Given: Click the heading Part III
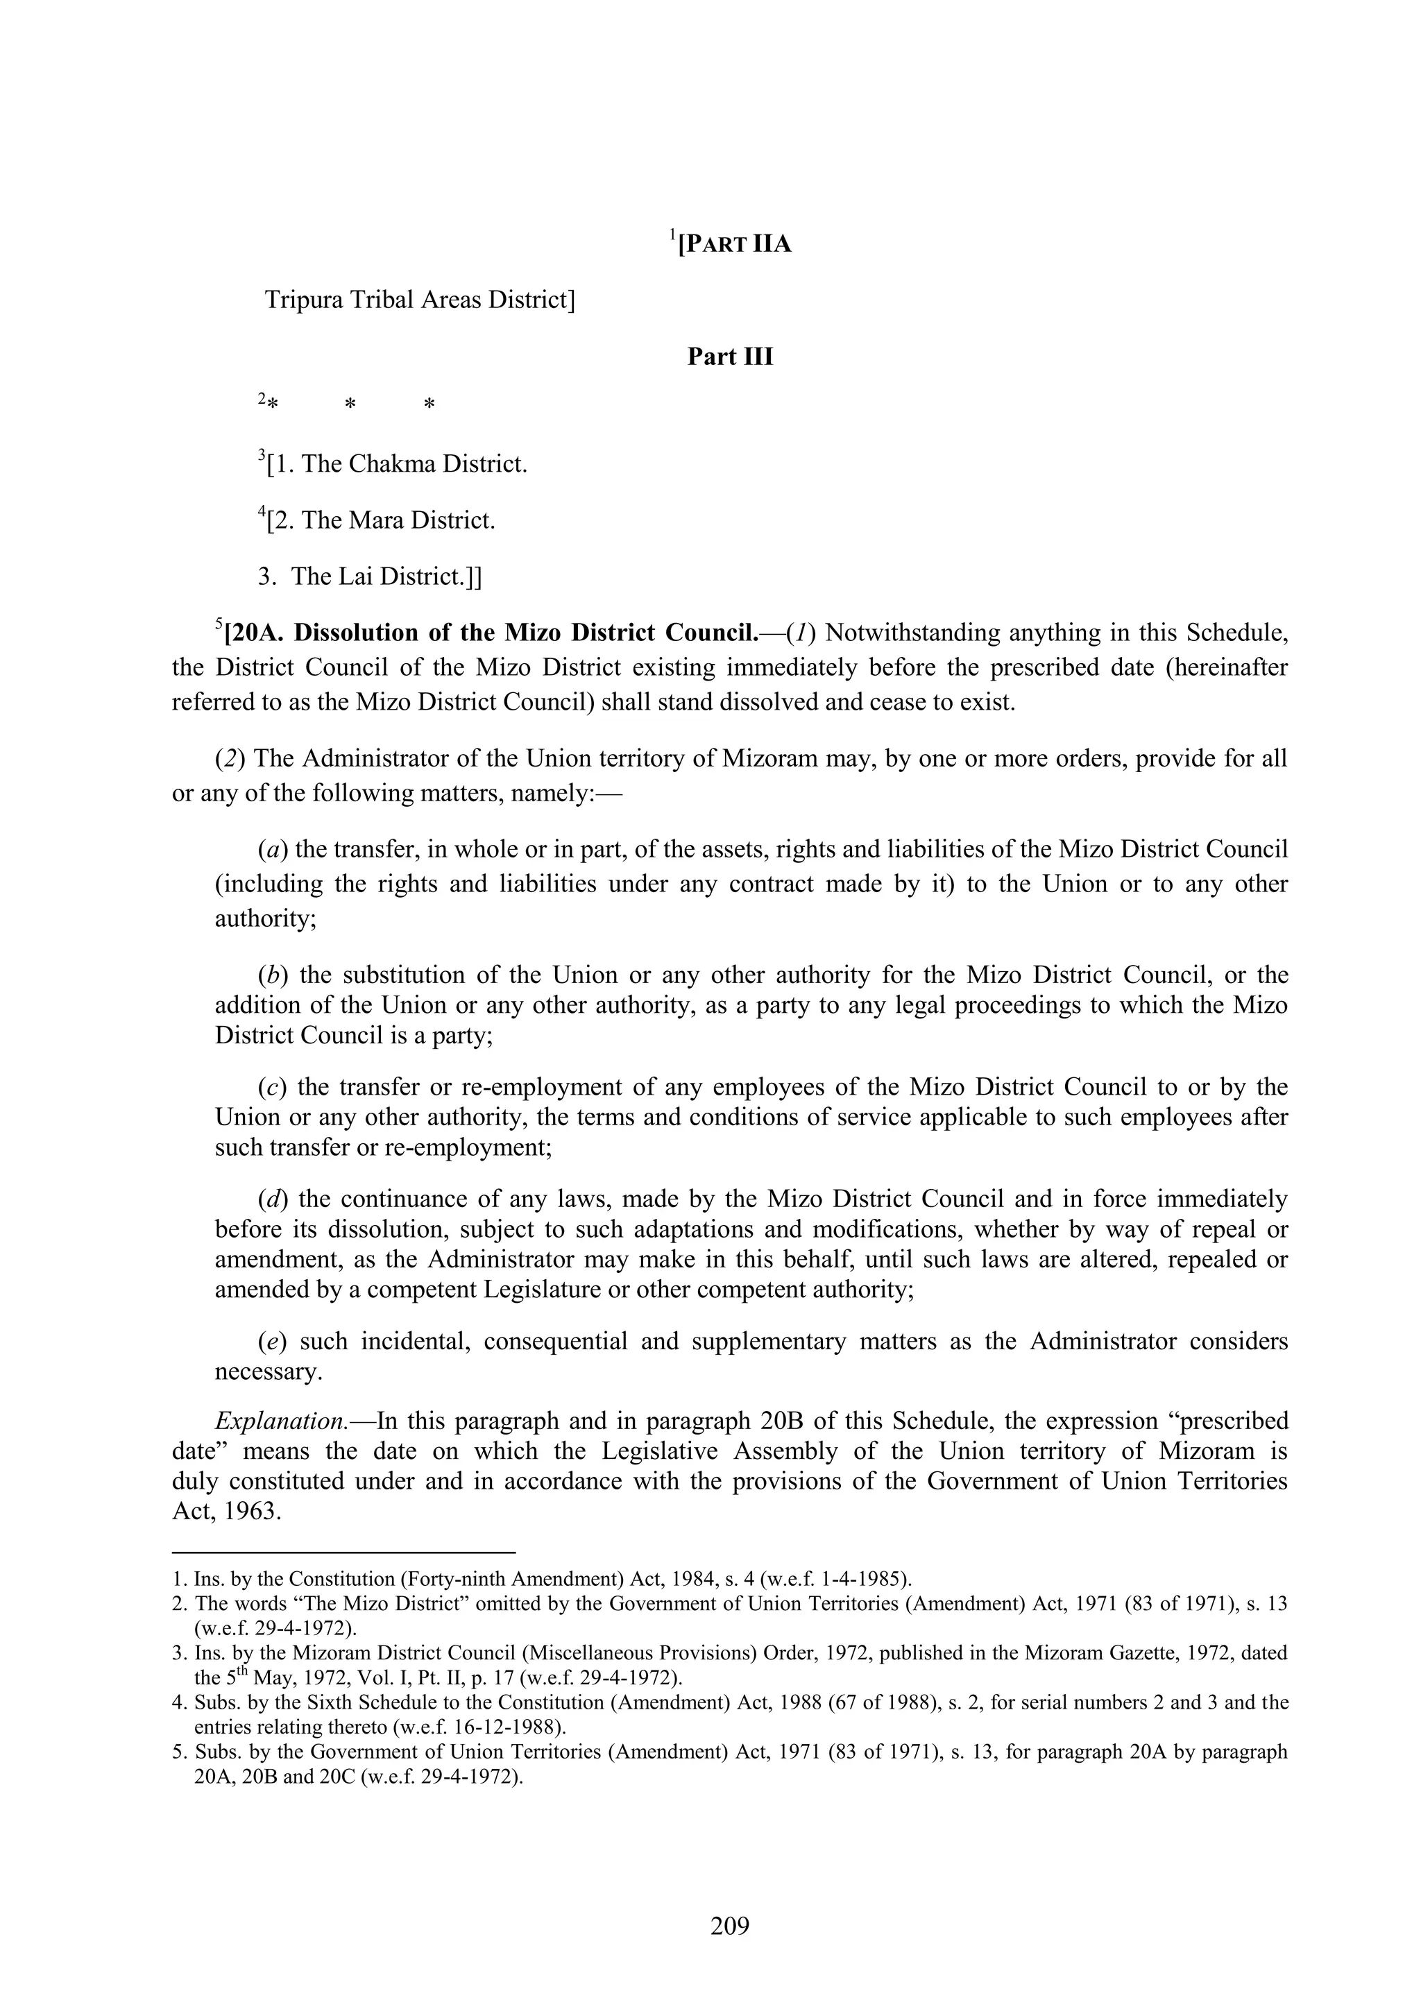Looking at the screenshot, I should click(x=730, y=357).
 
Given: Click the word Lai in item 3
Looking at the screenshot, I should click(x=363, y=576).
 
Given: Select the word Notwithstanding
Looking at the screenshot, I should click(x=911, y=633).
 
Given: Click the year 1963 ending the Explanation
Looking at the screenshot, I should click(x=251, y=1512).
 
